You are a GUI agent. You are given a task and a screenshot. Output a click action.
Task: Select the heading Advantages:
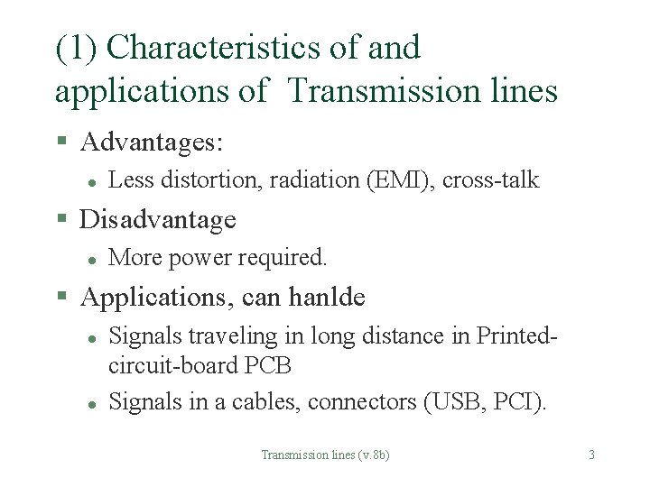coord(152,142)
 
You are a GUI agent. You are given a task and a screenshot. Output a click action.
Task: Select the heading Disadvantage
coord(158,219)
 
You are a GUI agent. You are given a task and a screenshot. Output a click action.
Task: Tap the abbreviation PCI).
coord(520,401)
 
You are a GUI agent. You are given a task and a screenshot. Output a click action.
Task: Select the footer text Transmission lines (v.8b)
coord(325,455)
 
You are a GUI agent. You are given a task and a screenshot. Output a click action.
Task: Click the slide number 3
coord(591,455)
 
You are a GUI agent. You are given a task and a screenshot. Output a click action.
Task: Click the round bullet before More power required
coord(91,259)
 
